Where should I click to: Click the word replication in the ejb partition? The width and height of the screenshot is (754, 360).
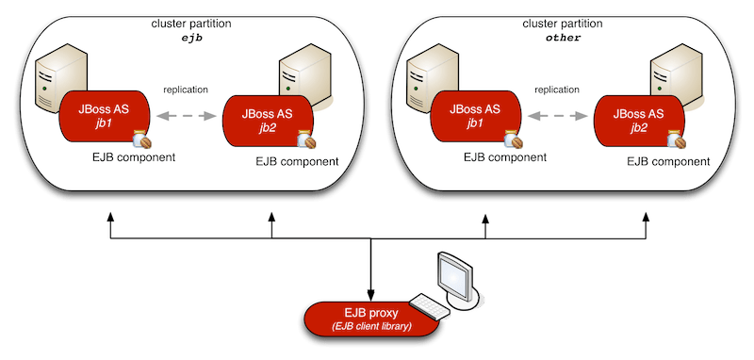(186, 90)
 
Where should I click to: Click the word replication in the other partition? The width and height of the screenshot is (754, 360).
(556, 90)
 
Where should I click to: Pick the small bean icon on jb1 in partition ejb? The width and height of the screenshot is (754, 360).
(141, 139)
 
